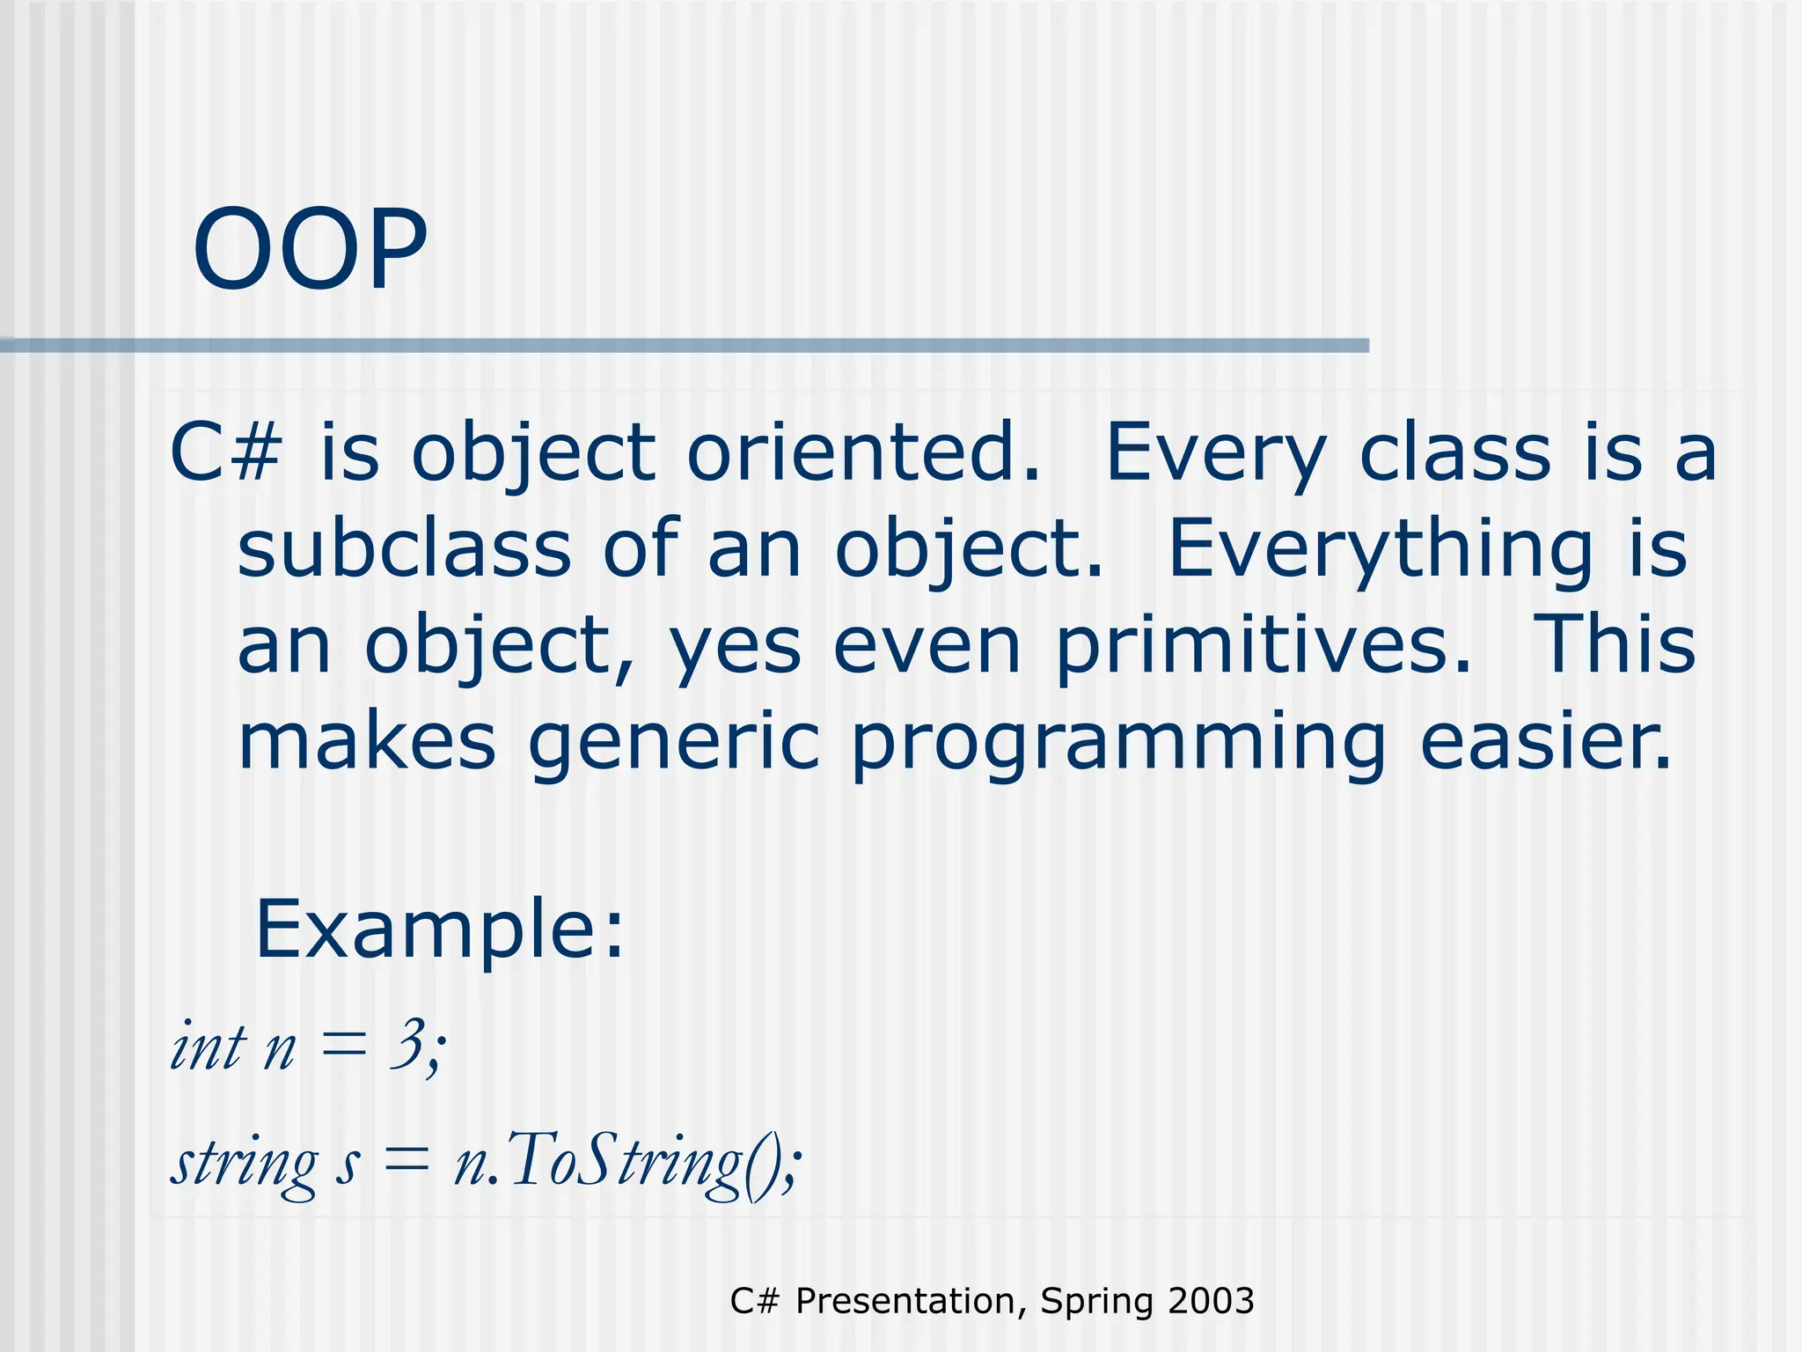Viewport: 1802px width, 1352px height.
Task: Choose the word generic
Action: point(674,745)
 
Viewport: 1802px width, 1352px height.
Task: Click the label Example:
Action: point(439,929)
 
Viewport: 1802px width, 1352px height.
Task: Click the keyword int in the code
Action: point(208,1047)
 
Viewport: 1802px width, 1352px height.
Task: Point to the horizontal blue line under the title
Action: point(686,346)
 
